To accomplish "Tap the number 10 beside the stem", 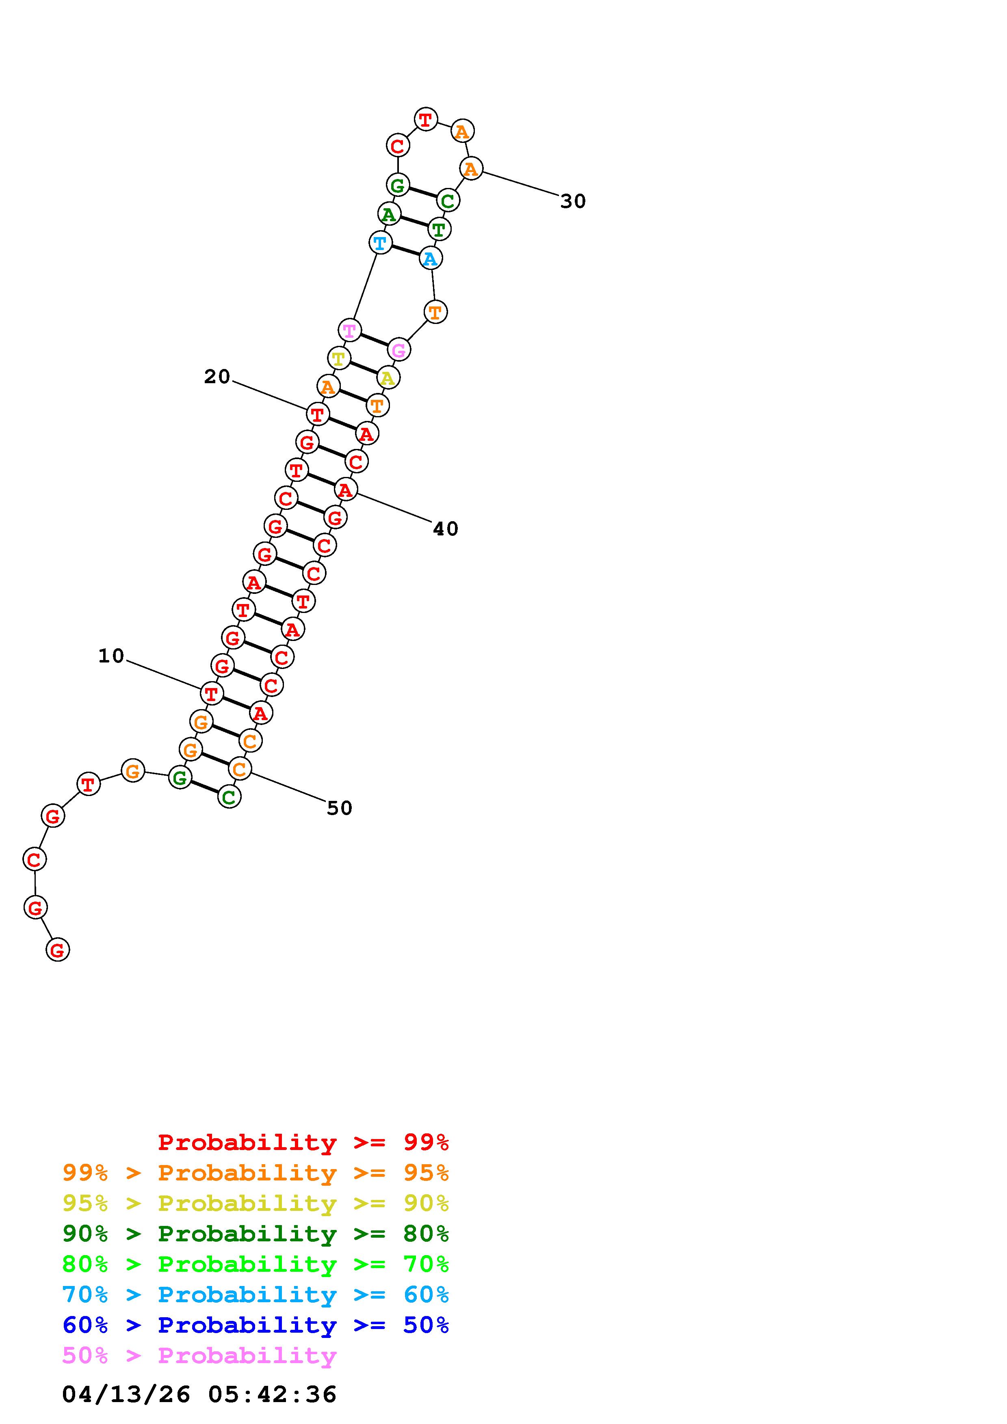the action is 112,656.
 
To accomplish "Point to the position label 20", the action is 217,376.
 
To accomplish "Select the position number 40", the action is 446,529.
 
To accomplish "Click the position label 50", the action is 339,808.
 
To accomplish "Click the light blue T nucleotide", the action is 380,242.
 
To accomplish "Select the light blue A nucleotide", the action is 430,258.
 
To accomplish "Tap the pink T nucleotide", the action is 350,330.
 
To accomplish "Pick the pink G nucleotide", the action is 399,350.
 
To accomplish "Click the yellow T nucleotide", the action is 339,358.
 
